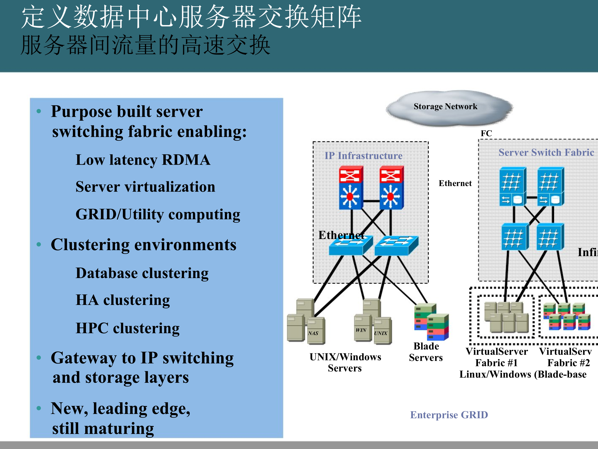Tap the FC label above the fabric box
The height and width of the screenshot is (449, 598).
coord(486,133)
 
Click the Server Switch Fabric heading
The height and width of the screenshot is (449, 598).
coord(546,152)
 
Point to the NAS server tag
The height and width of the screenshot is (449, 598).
coord(313,333)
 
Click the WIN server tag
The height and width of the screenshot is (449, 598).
coord(361,330)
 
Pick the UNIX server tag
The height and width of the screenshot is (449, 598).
coord(381,333)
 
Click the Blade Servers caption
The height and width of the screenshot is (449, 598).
coord(426,352)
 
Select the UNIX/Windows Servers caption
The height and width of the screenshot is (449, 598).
coord(345,362)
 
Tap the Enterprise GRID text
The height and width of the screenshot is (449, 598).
coord(449,415)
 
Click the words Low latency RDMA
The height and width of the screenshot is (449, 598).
coord(143,160)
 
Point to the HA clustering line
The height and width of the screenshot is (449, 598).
coord(123,300)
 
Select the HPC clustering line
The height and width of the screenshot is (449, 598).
coord(127,328)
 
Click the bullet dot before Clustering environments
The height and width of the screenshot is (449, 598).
coord(39,244)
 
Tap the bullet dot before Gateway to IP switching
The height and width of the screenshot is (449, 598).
coord(39,358)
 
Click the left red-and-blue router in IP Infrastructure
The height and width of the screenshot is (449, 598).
coord(351,188)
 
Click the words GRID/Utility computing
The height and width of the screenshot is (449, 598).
coord(158,214)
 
